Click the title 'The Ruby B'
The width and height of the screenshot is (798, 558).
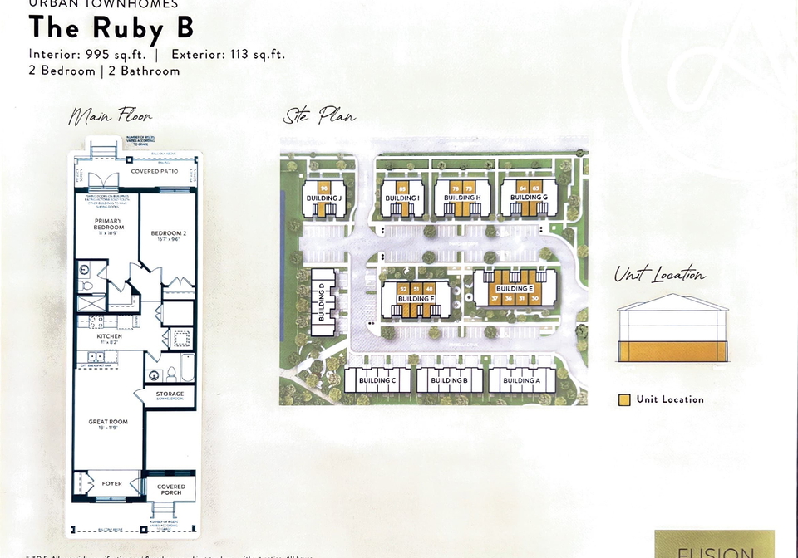click(x=111, y=27)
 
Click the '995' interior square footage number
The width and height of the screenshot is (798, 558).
click(x=96, y=55)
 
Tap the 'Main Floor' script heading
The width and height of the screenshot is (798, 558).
click(x=111, y=117)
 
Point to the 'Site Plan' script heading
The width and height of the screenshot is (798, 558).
click(x=319, y=116)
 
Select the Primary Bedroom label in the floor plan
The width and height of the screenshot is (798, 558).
click(x=109, y=224)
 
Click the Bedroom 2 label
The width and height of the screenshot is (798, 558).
click(x=168, y=234)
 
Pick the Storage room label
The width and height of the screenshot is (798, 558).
click(x=170, y=395)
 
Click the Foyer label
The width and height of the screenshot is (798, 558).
click(x=112, y=483)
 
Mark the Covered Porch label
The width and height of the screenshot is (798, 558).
click(x=171, y=490)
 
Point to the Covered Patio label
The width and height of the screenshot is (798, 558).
click(x=155, y=172)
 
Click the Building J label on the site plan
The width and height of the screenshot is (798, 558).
click(x=323, y=198)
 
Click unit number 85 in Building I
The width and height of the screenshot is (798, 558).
click(x=402, y=188)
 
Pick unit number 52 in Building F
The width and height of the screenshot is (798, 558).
click(x=403, y=288)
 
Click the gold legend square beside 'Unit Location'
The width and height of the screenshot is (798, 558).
click(x=624, y=399)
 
